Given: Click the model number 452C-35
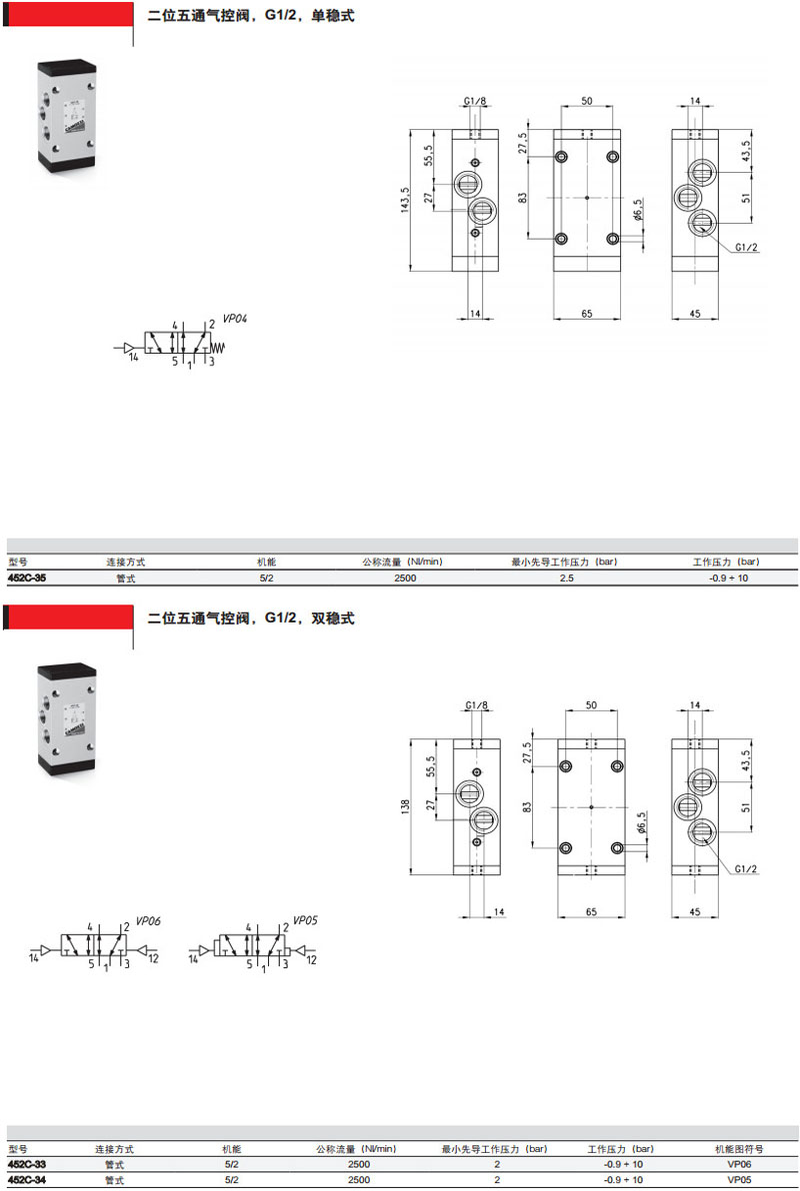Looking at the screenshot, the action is pyautogui.click(x=27, y=579).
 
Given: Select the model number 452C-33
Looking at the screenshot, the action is pyautogui.click(x=27, y=1164).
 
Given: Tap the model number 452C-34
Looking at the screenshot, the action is pyautogui.click(x=27, y=1180).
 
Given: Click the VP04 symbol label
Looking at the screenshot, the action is pyautogui.click(x=235, y=319).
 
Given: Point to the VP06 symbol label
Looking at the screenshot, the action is pyautogui.click(x=148, y=920).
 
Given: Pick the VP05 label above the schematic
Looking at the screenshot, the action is pyautogui.click(x=305, y=920).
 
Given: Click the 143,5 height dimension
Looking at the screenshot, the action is pyautogui.click(x=405, y=200).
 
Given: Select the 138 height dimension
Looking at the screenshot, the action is pyautogui.click(x=405, y=805).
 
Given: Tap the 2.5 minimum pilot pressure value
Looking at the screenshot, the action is pyautogui.click(x=567, y=579).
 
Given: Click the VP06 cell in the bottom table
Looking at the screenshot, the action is pyautogui.click(x=739, y=1164).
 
